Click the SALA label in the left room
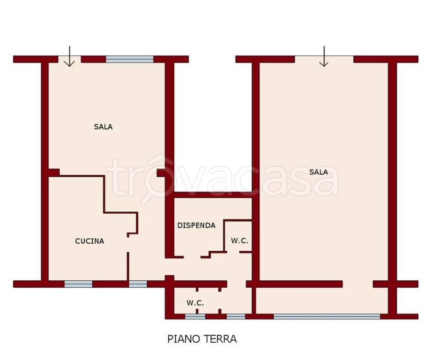click(x=104, y=127)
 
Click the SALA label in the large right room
click(x=319, y=172)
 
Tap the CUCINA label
click(x=89, y=241)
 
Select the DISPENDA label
click(x=196, y=225)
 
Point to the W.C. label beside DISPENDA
click(x=239, y=241)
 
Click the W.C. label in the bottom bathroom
click(x=195, y=303)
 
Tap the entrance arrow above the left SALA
click(x=69, y=56)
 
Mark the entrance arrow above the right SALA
click(x=324, y=56)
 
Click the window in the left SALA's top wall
click(x=130, y=59)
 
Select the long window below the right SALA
click(x=327, y=316)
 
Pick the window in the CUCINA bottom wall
click(x=78, y=284)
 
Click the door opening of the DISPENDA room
click(x=192, y=257)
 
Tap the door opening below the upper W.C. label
click(x=233, y=252)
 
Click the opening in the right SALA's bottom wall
click(x=358, y=284)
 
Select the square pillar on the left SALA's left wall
click(x=54, y=172)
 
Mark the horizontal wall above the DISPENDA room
click(x=213, y=195)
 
